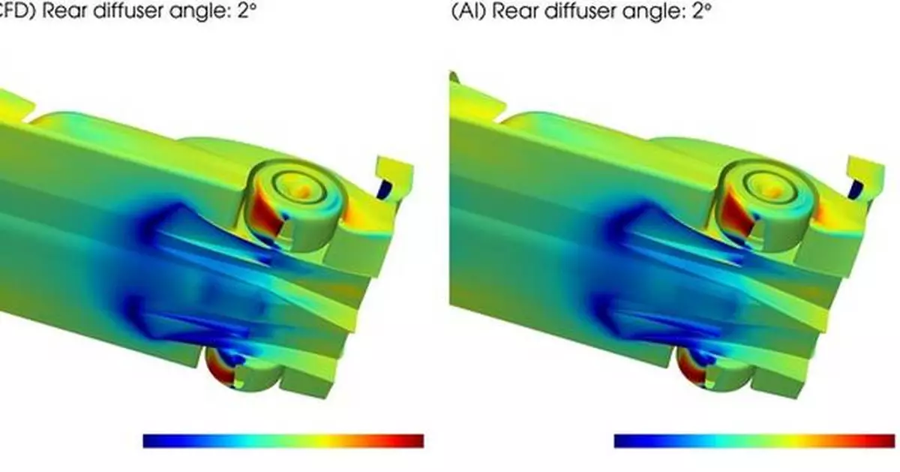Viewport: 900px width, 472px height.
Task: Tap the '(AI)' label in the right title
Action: (x=466, y=11)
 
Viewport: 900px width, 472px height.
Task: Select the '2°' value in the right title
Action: (x=702, y=11)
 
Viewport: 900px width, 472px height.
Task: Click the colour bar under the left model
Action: (x=283, y=440)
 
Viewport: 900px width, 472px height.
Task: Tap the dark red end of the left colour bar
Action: (x=415, y=440)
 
